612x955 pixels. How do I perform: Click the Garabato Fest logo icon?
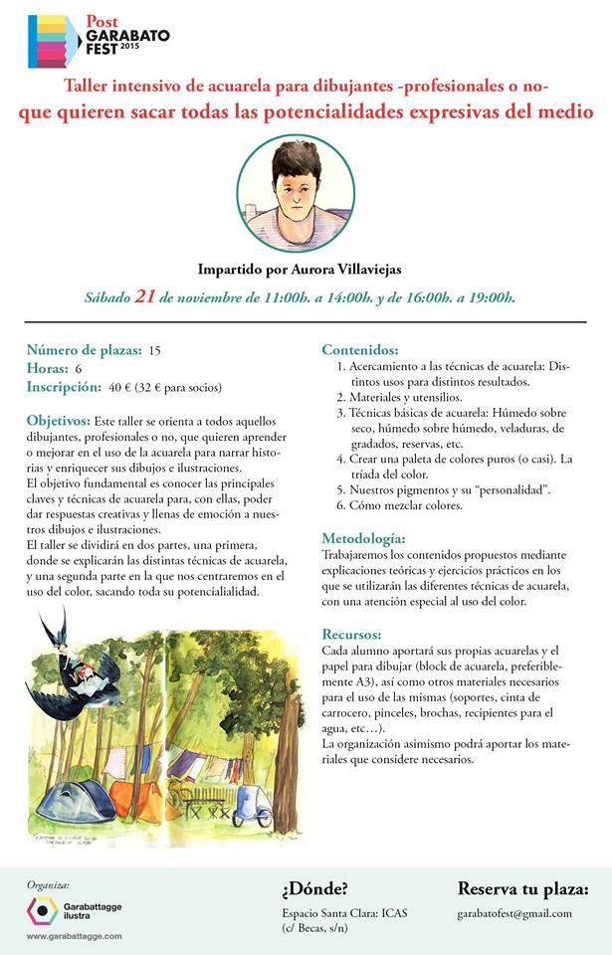pyautogui.click(x=55, y=40)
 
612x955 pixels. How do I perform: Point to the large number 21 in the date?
pyautogui.click(x=145, y=295)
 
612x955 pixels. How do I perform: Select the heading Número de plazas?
pyautogui.click(x=84, y=350)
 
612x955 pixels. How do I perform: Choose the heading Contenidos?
pyautogui.click(x=359, y=350)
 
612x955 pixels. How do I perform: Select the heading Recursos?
pyautogui.click(x=353, y=633)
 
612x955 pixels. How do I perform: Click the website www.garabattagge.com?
pyautogui.click(x=74, y=936)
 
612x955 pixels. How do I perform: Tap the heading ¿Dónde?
pyautogui.click(x=315, y=888)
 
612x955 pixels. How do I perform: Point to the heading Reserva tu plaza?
pyautogui.click(x=522, y=888)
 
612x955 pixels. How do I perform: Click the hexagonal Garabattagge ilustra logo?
pyautogui.click(x=43, y=910)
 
